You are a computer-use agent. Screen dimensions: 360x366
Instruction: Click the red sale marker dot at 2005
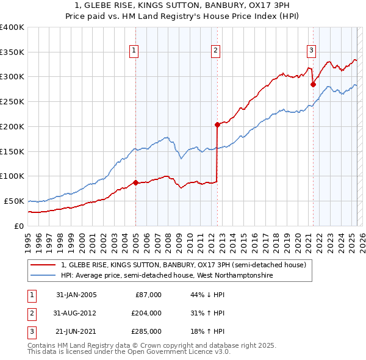coord(135,182)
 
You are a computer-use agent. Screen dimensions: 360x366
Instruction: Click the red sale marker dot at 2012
coord(217,124)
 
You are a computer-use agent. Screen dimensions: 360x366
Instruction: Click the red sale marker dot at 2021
coord(313,84)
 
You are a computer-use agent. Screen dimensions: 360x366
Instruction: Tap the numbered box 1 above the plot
coord(133,51)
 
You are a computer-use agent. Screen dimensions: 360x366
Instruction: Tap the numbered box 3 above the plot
coord(311,51)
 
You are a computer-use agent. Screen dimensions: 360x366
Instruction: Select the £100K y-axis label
coord(12,176)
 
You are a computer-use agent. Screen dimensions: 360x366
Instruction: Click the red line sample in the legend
coord(43,265)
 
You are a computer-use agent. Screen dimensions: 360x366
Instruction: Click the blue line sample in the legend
coord(43,276)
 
